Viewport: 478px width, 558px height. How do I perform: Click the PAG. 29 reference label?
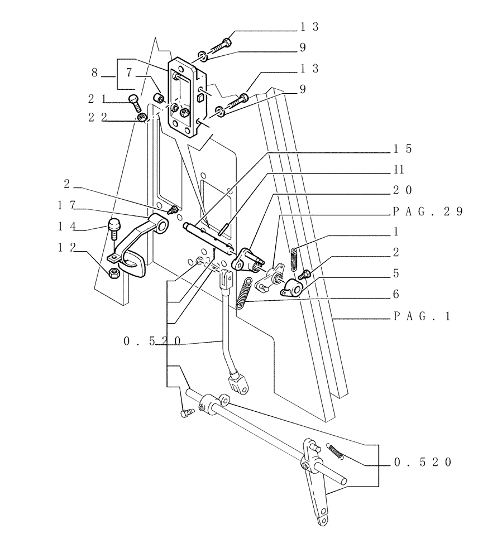428,211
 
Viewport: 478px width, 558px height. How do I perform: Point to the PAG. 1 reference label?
422,316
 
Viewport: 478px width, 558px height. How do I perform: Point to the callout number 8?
95,72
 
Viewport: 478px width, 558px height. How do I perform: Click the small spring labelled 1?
295,257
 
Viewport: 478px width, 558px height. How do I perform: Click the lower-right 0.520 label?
423,463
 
